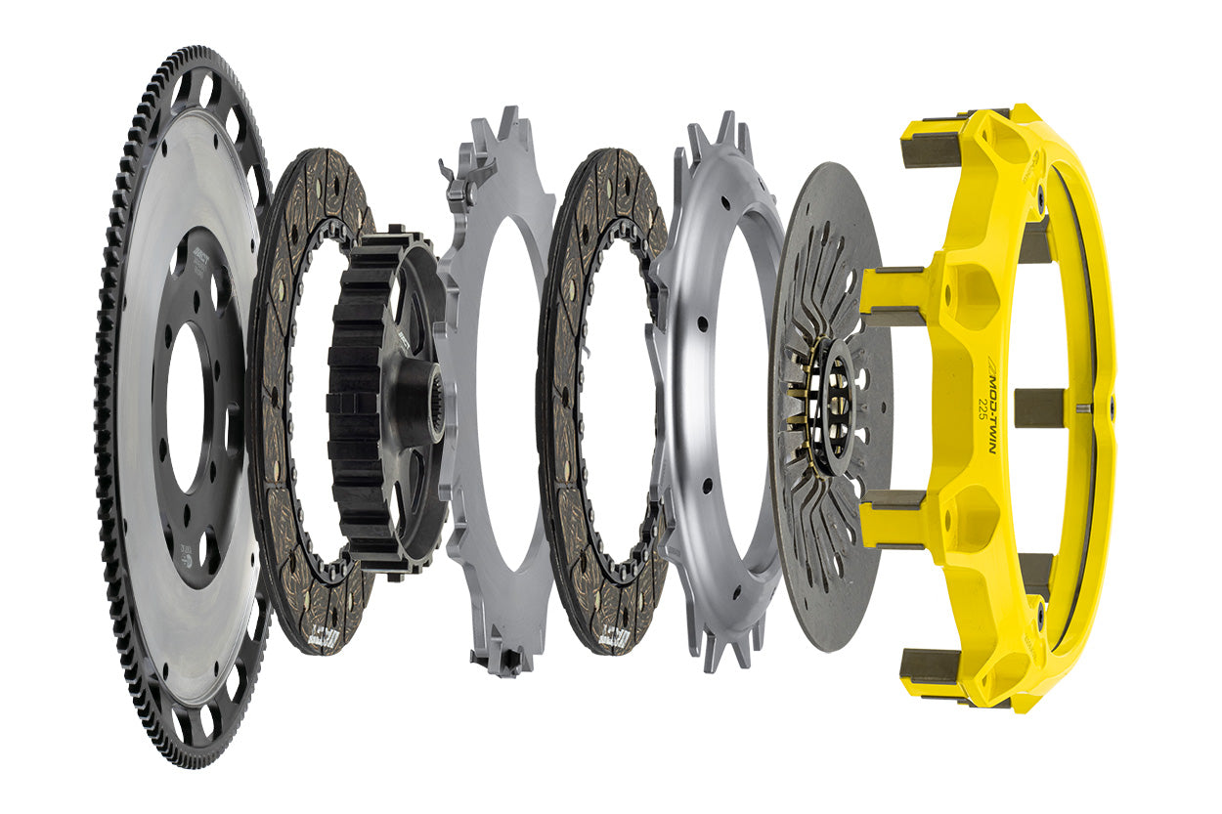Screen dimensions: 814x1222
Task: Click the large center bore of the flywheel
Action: click(184, 407)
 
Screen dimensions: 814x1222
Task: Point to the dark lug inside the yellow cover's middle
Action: click(1038, 407)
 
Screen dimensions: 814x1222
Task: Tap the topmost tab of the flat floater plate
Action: click(507, 123)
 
